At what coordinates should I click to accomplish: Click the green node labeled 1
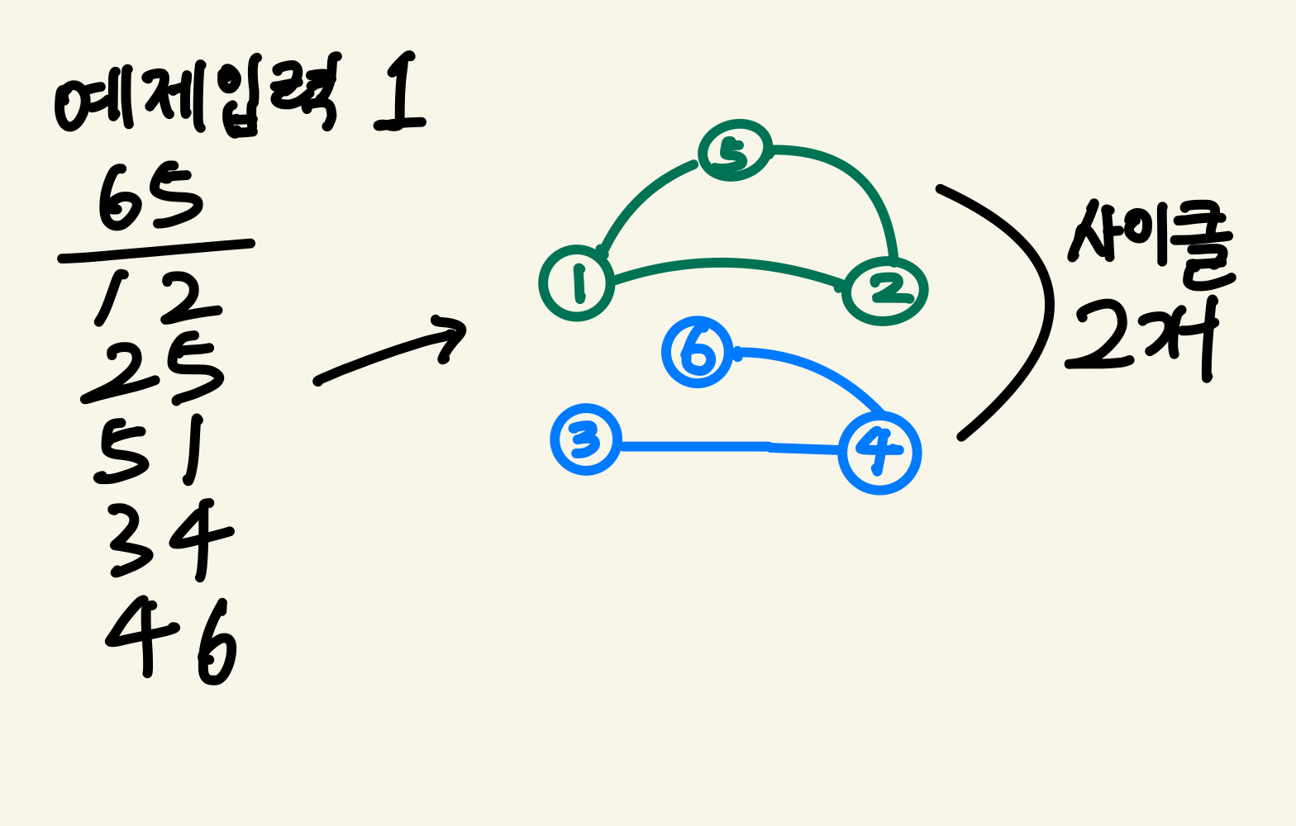(577, 283)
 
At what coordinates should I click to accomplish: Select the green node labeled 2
(884, 291)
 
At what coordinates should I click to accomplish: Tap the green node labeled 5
(735, 150)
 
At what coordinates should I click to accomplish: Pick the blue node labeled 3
(586, 439)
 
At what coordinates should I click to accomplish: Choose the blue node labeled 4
(879, 453)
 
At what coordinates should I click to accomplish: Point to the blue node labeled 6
(698, 352)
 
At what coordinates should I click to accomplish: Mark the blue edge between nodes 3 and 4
(727, 447)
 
